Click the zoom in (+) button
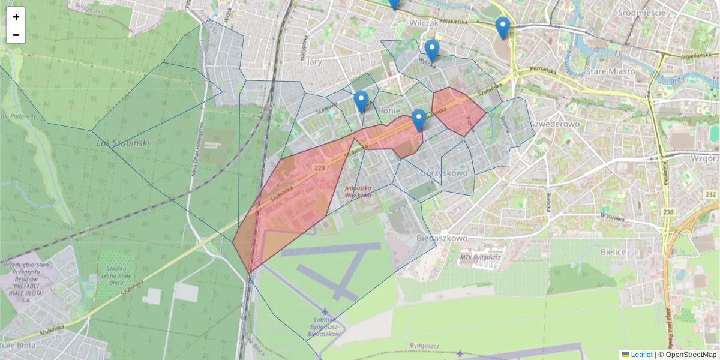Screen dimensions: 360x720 (16, 17)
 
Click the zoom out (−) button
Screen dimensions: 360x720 (16, 35)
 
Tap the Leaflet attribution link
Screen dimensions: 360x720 (641, 355)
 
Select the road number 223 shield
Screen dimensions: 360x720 (319, 169)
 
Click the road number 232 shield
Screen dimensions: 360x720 (711, 195)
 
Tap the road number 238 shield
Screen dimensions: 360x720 (685, 212)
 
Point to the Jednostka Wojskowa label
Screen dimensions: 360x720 (358, 191)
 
